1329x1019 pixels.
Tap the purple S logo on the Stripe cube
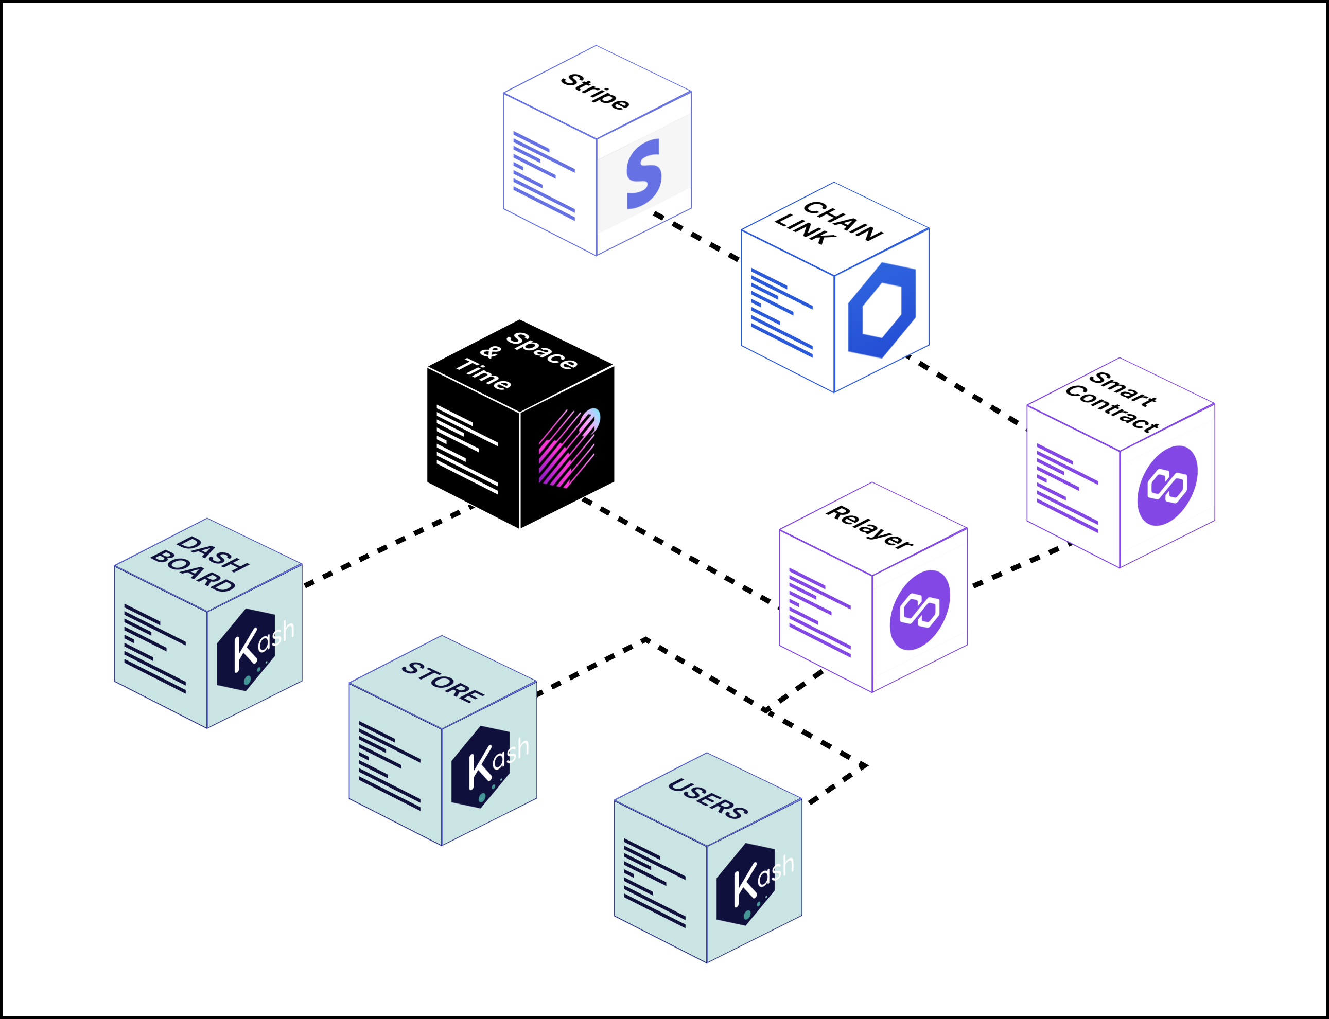click(x=644, y=174)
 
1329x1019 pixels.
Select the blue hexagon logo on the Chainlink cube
click(x=882, y=310)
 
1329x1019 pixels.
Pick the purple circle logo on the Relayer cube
click(x=919, y=610)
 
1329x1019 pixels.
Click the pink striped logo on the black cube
click(x=568, y=449)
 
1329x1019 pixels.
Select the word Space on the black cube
click(x=542, y=351)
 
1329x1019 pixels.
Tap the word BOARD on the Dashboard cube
click(x=193, y=571)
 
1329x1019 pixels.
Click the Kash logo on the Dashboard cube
click(x=252, y=649)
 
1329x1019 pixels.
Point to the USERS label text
click(x=708, y=799)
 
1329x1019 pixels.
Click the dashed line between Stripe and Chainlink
click(x=696, y=236)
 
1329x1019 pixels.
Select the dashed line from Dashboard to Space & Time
click(x=389, y=546)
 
